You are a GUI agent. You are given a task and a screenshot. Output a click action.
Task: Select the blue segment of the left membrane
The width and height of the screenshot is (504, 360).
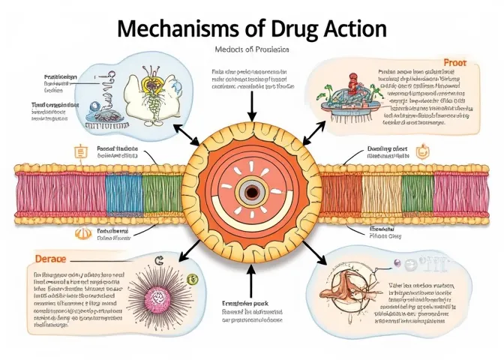[x=123, y=194]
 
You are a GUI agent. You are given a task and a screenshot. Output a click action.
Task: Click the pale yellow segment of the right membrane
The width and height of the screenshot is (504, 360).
[x=382, y=194]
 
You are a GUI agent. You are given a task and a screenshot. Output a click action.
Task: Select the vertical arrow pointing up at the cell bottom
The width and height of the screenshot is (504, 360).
[x=251, y=280]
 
